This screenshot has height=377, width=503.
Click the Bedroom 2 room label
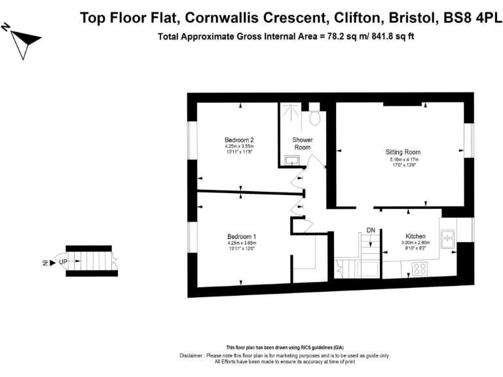click(x=239, y=139)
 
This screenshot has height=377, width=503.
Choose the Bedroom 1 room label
click(x=242, y=236)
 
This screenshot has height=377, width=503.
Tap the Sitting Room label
click(x=401, y=152)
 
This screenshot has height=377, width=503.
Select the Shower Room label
click(x=302, y=143)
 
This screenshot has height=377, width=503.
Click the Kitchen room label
click(x=415, y=236)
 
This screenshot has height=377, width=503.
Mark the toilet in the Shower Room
click(x=315, y=118)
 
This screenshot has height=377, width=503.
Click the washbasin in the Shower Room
click(x=291, y=160)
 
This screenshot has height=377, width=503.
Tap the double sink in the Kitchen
click(x=449, y=238)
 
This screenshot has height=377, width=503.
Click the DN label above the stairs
click(x=371, y=230)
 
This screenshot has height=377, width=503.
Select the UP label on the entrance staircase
click(x=63, y=262)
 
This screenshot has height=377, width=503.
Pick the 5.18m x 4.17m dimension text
click(x=401, y=159)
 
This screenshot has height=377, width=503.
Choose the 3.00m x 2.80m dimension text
click(x=415, y=243)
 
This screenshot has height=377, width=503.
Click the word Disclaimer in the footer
click(x=191, y=355)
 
